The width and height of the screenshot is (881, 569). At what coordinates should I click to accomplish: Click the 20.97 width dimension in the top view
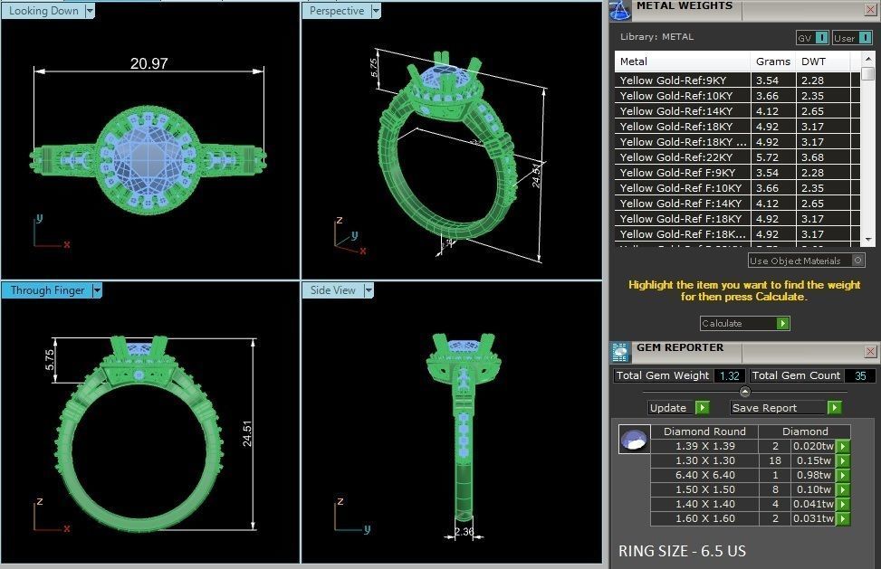pyautogui.click(x=148, y=63)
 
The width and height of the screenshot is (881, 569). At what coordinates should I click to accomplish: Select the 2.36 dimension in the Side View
pyautogui.click(x=463, y=532)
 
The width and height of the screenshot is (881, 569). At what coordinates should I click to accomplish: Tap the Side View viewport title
pyautogui.click(x=333, y=290)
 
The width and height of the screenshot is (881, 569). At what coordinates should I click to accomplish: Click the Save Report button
pyautogui.click(x=778, y=408)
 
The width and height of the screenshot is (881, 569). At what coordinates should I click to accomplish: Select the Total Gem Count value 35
pyautogui.click(x=859, y=375)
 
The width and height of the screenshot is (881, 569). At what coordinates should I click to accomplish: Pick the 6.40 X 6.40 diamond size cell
pyautogui.click(x=704, y=475)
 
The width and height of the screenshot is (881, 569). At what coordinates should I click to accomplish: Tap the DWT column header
pyautogui.click(x=812, y=62)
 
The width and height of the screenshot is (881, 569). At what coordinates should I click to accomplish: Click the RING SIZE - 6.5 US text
pyautogui.click(x=682, y=551)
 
